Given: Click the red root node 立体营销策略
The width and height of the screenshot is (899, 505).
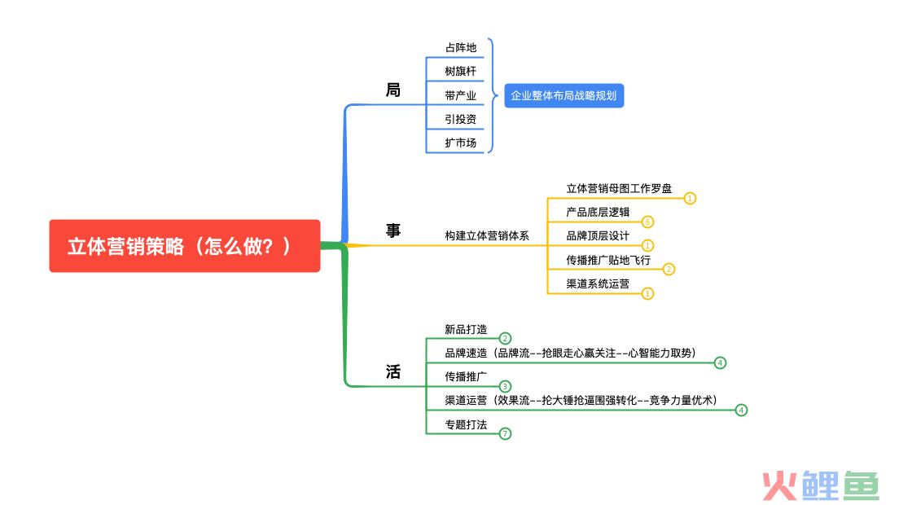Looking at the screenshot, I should point(184,246).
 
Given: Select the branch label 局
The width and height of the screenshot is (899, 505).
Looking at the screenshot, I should point(393,90).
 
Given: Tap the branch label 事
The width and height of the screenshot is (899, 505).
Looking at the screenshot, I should point(393,231).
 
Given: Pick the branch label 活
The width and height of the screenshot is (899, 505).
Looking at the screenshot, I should point(393,372).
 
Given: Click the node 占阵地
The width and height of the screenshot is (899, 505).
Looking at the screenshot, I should point(460,48).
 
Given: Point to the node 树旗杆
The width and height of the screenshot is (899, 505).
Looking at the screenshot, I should point(460,72).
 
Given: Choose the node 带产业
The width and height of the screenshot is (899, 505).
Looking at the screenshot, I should point(460,95).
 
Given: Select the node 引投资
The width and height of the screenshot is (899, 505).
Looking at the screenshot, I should point(460,119).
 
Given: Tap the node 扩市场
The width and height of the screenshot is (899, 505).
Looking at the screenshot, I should point(460,143).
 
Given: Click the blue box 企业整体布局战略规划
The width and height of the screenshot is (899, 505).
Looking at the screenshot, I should point(564,96).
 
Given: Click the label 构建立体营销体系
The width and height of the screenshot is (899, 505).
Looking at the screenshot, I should point(487,235).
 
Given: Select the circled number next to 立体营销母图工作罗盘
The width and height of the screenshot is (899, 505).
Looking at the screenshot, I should point(690,198).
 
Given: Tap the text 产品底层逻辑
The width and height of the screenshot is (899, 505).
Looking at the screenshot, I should point(598,212).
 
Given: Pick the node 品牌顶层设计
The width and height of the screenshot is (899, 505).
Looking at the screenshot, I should point(598,235).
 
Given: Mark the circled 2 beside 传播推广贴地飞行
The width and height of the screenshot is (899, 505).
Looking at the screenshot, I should point(669,269).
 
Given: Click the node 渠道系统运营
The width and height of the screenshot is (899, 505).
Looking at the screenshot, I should point(598,283).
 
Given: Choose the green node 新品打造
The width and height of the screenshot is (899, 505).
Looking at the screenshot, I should point(466,329).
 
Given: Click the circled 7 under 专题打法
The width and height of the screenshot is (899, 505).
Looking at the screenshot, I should point(505,433).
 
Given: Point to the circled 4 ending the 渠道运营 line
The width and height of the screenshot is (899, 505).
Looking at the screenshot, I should point(740,410).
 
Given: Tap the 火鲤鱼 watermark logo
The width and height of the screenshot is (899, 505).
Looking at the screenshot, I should point(820,485).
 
